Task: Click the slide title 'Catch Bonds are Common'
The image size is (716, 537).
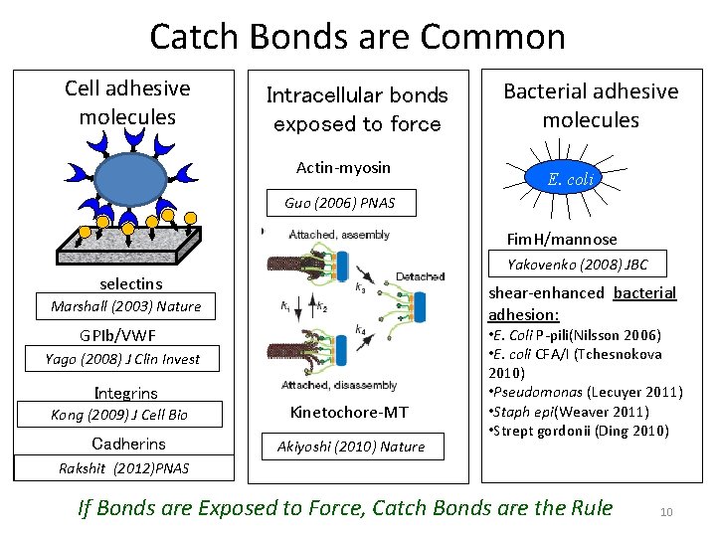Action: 357,37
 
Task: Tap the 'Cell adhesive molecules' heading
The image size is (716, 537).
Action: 126,102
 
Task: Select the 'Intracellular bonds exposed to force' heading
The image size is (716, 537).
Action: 357,109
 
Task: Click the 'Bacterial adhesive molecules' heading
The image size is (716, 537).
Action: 591,105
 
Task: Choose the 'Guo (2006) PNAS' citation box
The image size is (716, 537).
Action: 339,203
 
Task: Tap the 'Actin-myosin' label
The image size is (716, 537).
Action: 343,167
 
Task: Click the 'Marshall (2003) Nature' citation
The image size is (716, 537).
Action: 125,306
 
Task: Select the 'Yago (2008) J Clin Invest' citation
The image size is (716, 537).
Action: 122,359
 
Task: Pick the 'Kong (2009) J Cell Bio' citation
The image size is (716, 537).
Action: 119,415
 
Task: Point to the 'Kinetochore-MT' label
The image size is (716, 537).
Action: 348,412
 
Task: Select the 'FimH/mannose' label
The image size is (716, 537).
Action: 561,239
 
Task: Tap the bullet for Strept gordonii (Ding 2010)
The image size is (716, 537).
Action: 578,431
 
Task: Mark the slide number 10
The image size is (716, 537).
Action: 666,512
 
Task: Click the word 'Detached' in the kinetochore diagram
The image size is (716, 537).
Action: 420,276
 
